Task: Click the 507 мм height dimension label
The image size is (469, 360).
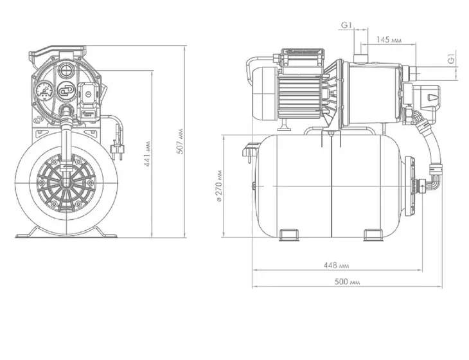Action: pos(180,141)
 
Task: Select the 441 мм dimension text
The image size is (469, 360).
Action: pos(148,154)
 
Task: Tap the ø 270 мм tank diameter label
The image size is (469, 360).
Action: pos(219,186)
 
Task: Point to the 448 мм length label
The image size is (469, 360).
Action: pos(336,265)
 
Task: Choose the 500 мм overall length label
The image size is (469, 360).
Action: pos(347,282)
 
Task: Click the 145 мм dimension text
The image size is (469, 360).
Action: pos(389,40)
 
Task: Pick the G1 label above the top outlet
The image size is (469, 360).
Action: pos(346,26)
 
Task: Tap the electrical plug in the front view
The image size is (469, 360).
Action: pos(117,148)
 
